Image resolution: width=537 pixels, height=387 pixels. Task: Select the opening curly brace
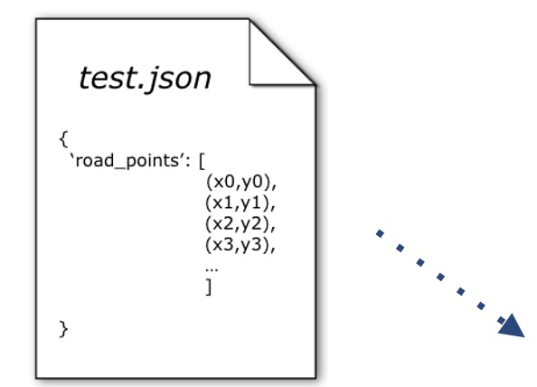click(63, 139)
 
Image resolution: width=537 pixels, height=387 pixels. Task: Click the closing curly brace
click(63, 329)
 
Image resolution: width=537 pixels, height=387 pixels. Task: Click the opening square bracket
click(203, 161)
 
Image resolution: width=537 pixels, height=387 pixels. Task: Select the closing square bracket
click(209, 287)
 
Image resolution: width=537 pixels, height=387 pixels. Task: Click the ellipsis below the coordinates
click(212, 269)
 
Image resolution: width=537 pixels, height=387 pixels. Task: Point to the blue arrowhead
click(512, 327)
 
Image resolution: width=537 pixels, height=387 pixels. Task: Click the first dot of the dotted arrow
click(380, 233)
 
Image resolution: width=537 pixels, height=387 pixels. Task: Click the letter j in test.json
click(150, 80)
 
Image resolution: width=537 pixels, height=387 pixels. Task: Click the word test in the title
click(108, 79)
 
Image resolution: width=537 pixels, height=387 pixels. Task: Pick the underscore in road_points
click(120, 168)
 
